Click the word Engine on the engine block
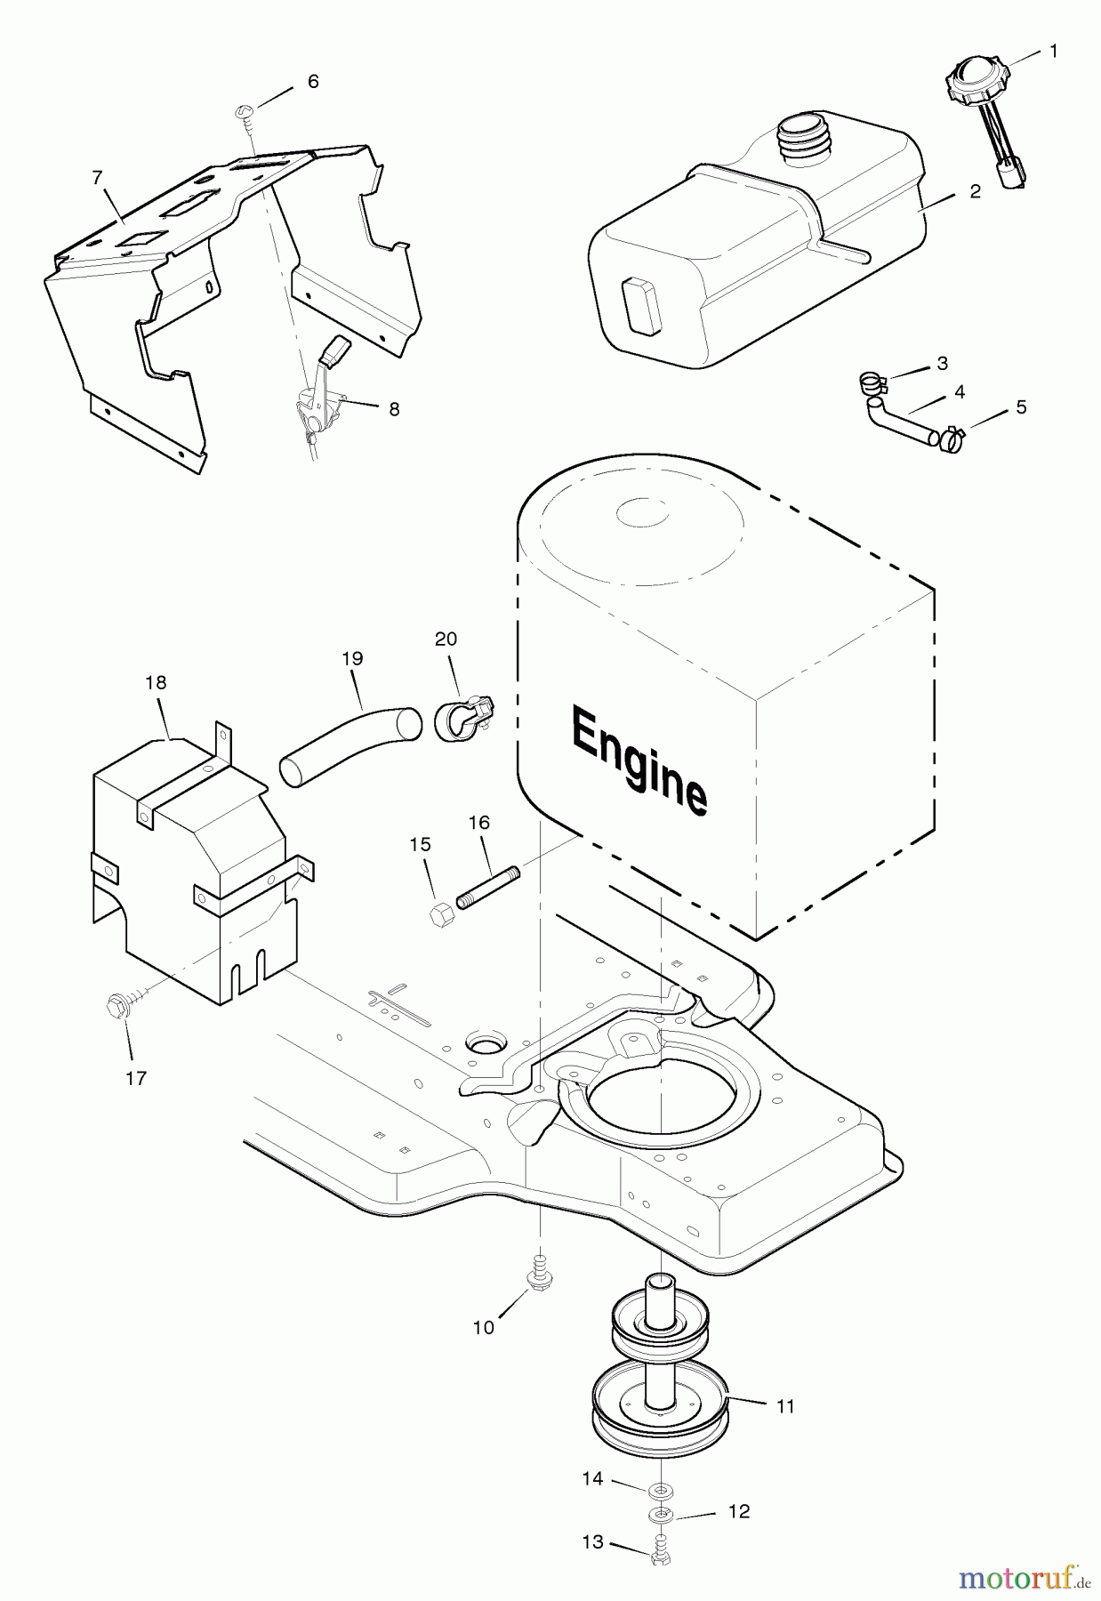tap(639, 759)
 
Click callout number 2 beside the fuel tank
tap(976, 191)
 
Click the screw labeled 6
tap(246, 112)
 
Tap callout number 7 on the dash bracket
tap(97, 178)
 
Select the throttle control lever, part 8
tap(320, 392)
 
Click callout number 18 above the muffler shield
tap(156, 683)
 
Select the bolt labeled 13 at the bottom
tap(660, 1552)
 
